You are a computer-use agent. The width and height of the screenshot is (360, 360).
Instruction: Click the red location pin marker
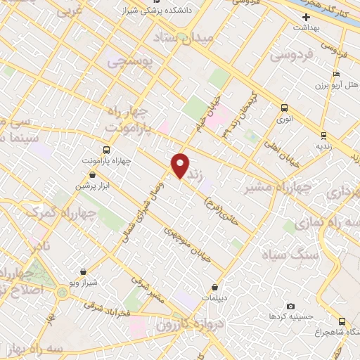click(181, 166)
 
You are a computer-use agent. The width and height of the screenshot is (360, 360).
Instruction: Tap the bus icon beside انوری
click(284, 108)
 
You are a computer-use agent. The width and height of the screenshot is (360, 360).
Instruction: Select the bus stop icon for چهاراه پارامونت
click(107, 149)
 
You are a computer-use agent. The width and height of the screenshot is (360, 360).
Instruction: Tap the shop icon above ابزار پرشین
click(93, 174)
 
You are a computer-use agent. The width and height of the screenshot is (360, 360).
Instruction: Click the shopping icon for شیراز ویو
click(84, 271)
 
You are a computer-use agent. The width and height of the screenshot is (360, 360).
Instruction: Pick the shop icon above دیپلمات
click(214, 287)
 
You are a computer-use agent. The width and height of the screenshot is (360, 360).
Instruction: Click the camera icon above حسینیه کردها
click(291, 307)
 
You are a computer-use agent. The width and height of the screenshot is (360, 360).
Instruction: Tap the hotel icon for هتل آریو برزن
click(337, 74)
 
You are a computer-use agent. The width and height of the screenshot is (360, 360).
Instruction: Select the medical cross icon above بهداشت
click(306, 16)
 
